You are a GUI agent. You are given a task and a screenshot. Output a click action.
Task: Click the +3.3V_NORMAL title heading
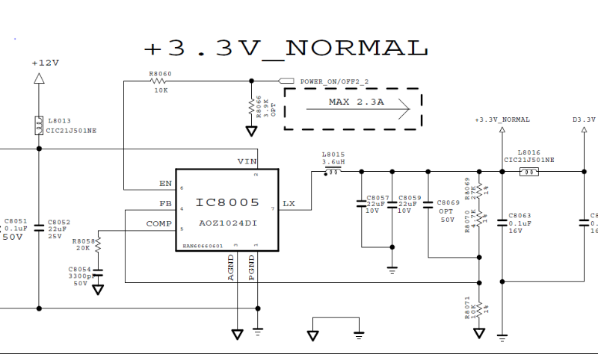[x=286, y=49]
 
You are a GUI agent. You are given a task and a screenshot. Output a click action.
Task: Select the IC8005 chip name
[x=227, y=202]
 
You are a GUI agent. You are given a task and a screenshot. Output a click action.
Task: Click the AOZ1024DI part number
[x=227, y=223]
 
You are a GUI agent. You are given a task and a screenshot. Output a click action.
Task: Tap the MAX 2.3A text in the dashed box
[x=356, y=102]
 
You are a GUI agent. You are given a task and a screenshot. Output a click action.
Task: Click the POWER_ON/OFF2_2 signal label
[x=334, y=81]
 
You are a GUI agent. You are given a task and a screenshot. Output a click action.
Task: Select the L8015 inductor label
[x=333, y=154]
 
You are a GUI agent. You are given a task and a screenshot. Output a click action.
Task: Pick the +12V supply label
[x=45, y=63]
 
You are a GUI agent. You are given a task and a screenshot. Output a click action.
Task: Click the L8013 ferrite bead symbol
[x=38, y=125]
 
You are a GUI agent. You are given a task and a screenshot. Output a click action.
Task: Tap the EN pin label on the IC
[x=166, y=183]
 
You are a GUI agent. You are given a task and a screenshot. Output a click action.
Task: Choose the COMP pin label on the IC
[x=158, y=223]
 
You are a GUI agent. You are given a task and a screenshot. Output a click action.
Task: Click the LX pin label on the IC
[x=289, y=204]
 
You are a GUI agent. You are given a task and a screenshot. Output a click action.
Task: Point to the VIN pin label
[x=247, y=161]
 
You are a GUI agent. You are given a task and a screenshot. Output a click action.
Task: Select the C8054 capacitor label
[x=79, y=269]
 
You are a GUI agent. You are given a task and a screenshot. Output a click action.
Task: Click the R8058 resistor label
[x=83, y=241]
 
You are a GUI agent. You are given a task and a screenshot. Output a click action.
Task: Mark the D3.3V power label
[x=584, y=120]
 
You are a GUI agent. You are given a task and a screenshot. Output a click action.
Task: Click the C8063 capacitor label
[x=519, y=215]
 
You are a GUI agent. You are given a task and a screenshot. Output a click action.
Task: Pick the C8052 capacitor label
[x=59, y=222]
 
